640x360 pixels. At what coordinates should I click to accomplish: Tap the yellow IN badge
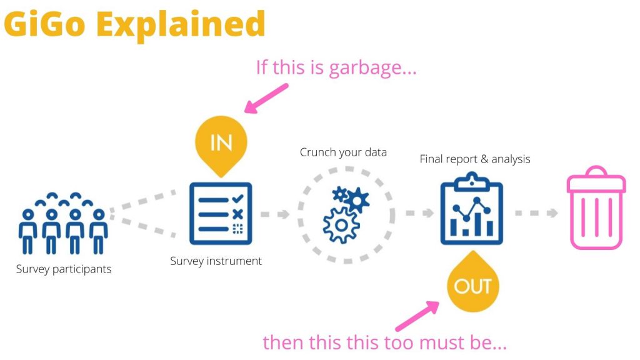point(221,143)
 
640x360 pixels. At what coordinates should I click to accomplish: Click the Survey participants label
point(64,270)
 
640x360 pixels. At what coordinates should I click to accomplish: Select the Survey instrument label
point(216,261)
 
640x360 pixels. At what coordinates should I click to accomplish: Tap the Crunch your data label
point(343,152)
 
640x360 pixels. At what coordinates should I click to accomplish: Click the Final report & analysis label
point(474,159)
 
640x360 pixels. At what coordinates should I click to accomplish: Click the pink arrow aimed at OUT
point(417,315)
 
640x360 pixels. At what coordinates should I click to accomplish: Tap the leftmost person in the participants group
point(27,231)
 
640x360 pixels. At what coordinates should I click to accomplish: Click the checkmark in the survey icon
point(237,199)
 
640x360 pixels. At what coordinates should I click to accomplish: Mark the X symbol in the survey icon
point(237,214)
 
